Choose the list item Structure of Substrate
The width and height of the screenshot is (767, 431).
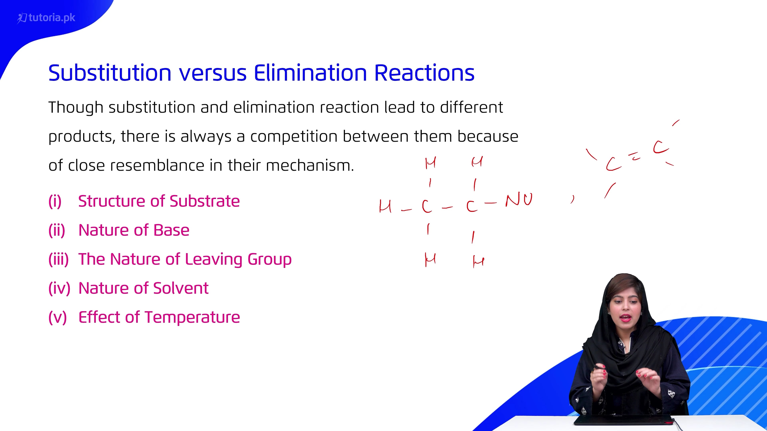(159, 201)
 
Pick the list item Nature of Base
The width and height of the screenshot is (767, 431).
(134, 230)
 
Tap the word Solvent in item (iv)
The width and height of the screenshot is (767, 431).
(181, 288)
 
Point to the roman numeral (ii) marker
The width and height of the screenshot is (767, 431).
(57, 230)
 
